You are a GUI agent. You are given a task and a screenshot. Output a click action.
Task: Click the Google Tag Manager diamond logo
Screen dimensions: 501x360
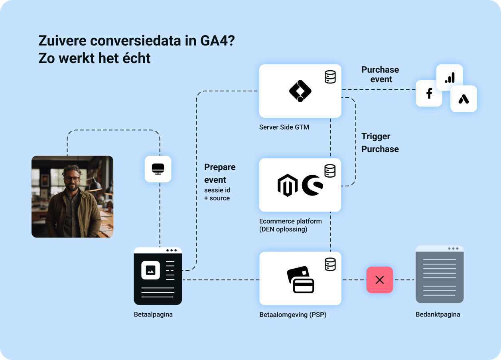(300, 91)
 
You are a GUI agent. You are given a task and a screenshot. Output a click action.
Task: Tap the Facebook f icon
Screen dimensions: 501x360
(429, 93)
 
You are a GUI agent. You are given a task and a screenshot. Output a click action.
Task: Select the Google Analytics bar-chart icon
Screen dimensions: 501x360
(450, 77)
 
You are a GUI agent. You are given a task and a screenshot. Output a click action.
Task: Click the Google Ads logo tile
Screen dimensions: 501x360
(464, 99)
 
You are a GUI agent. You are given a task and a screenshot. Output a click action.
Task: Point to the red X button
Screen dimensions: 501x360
(380, 280)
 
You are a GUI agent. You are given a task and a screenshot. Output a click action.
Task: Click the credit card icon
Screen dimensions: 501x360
(300, 279)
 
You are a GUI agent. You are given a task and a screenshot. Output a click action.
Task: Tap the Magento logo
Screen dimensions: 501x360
(288, 185)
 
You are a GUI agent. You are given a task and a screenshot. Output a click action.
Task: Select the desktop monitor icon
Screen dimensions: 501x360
(158, 169)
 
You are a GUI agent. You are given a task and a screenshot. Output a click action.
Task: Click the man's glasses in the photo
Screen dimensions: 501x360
(72, 179)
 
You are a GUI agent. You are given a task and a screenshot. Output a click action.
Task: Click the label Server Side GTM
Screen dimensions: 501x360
(284, 127)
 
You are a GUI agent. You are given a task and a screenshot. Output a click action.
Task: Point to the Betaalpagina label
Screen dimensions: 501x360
(153, 315)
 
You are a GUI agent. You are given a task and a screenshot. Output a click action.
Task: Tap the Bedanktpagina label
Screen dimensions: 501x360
(438, 315)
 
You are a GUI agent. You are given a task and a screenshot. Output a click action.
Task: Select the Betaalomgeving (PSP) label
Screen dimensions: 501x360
(293, 315)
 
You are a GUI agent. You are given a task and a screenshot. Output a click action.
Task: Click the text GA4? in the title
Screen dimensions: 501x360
(217, 41)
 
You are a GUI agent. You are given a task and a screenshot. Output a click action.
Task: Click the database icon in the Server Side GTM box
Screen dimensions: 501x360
(330, 77)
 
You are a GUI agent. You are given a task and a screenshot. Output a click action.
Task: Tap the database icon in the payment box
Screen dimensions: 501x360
(330, 264)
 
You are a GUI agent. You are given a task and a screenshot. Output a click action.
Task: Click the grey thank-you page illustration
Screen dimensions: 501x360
(440, 274)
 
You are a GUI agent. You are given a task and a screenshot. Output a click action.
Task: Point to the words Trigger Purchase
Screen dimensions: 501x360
(380, 142)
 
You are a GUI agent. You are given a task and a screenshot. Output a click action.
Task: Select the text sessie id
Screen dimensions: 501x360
(217, 190)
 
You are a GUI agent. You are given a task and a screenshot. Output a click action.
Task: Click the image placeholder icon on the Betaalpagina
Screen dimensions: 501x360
(150, 270)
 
